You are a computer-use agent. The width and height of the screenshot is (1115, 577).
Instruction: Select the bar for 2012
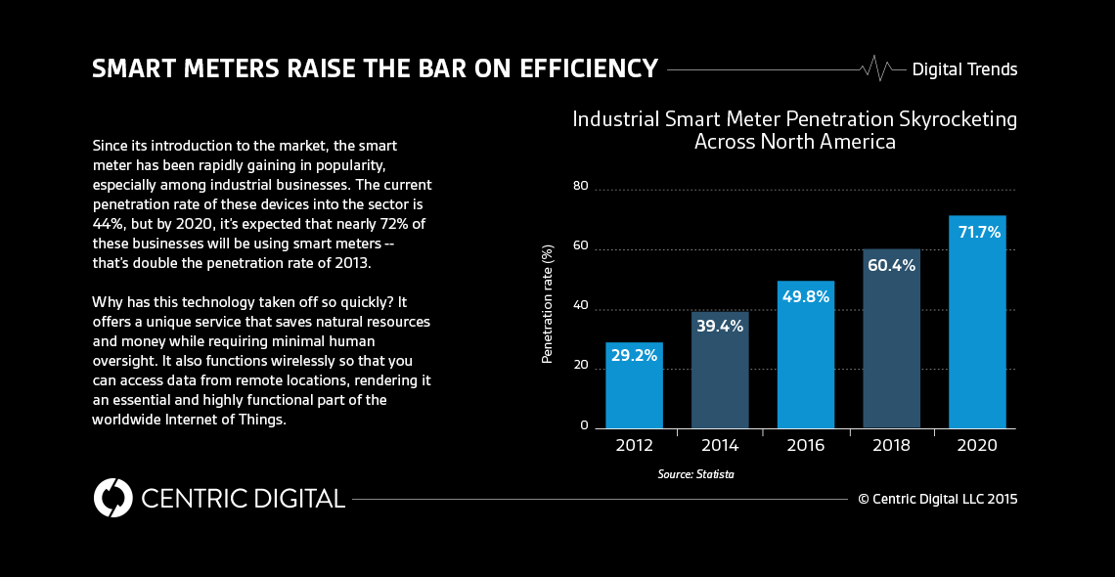click(x=634, y=386)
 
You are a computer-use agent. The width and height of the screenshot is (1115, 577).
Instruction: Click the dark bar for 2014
click(x=720, y=372)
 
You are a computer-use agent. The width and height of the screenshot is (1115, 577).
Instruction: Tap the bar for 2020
click(x=977, y=323)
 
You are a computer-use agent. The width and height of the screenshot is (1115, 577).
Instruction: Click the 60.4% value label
click(x=891, y=266)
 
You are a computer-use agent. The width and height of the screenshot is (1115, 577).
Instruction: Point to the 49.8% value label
click(x=805, y=296)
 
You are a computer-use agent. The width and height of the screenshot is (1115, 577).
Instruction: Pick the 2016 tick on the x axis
click(x=805, y=446)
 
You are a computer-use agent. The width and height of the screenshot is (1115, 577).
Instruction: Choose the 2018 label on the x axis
click(x=891, y=446)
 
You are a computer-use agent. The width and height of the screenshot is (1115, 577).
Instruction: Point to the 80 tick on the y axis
click(x=581, y=186)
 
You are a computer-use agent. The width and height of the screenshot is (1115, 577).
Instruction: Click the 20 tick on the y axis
click(x=581, y=366)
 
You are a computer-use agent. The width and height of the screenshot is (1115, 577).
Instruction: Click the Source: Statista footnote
click(x=695, y=474)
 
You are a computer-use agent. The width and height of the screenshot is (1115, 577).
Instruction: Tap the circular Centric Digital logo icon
click(x=113, y=498)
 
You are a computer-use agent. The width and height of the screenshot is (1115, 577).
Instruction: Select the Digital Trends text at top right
click(x=964, y=69)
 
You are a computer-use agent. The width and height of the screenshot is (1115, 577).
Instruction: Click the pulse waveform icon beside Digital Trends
click(x=876, y=68)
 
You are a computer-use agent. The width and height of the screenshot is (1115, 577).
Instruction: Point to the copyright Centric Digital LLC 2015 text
click(x=938, y=499)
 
